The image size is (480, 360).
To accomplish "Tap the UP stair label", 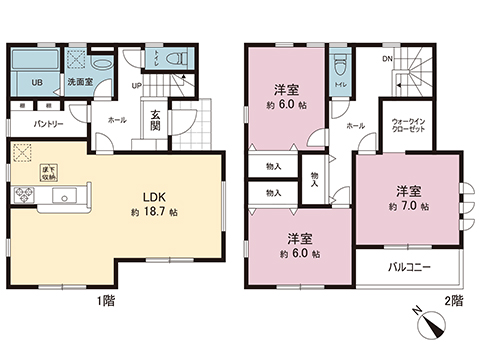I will tap(137, 85).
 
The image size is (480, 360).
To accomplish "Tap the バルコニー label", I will tap(403, 267).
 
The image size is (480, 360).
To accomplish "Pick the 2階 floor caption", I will tap(455, 300).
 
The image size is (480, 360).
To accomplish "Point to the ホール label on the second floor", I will tap(354, 127).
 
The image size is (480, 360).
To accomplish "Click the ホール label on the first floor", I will tap(118, 119).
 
